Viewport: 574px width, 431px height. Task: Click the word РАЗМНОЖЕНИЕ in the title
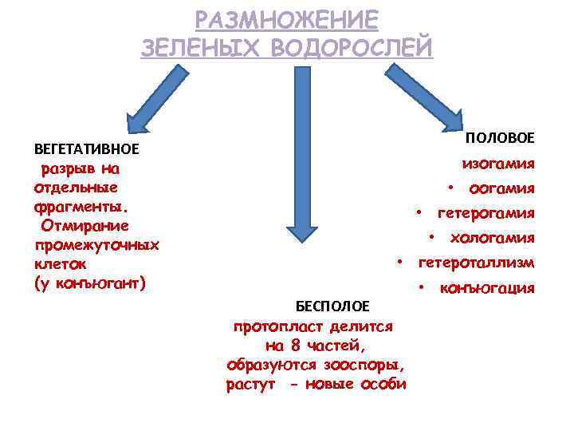click(287, 19)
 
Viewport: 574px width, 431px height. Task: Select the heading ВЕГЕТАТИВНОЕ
click(87, 148)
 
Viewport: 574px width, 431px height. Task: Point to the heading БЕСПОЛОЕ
click(332, 306)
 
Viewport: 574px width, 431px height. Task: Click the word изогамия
click(498, 164)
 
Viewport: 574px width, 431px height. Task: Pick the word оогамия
click(501, 188)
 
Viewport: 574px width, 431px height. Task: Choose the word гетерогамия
click(486, 213)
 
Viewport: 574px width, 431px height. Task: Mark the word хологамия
click(492, 238)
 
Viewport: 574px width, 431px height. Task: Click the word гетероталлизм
click(477, 263)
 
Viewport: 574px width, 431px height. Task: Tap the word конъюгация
click(487, 287)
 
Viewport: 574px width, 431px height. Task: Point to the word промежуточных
click(96, 244)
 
